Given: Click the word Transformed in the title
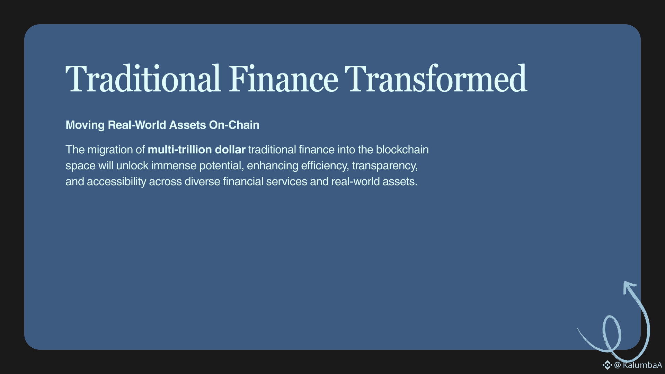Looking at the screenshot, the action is click(x=436, y=79).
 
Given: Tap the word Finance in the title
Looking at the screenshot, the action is click(x=283, y=79).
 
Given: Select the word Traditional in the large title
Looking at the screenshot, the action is click(x=143, y=79).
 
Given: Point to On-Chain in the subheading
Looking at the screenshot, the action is click(x=234, y=125).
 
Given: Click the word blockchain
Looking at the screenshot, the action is click(x=402, y=150).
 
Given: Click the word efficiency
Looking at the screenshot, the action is click(x=325, y=166).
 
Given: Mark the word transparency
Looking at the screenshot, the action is click(x=385, y=166).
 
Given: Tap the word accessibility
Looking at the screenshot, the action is click(x=116, y=182).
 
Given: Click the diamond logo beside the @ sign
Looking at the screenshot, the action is click(x=607, y=365).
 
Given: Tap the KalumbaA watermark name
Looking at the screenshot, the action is click(x=642, y=365).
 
